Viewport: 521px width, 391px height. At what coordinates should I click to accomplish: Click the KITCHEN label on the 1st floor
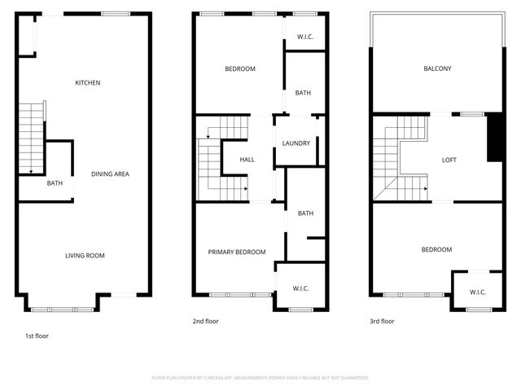[88, 83]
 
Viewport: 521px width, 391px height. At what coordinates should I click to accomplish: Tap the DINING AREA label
[110, 174]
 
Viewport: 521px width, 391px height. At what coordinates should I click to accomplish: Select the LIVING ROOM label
[85, 256]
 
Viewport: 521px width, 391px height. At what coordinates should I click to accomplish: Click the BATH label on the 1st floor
[55, 183]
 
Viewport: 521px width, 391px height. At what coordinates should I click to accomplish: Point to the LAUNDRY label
[296, 143]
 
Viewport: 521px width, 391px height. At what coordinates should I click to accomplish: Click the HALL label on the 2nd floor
[247, 160]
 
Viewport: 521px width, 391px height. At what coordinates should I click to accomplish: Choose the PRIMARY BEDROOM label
[237, 253]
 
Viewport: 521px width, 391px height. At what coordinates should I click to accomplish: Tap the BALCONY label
[437, 69]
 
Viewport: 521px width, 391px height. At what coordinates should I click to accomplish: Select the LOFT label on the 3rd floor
[449, 160]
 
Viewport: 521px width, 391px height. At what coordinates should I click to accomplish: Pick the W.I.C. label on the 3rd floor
[479, 292]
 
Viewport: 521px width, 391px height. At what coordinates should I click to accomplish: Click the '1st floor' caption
[37, 335]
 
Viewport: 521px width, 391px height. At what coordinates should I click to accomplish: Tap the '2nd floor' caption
[206, 321]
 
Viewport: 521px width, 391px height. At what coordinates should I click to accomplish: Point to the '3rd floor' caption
[382, 321]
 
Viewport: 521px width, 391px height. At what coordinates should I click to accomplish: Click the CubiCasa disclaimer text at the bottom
[260, 378]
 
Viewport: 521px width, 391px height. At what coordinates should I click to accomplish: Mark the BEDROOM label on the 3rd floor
[436, 249]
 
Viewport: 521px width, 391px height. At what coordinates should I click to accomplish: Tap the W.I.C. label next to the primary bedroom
[300, 289]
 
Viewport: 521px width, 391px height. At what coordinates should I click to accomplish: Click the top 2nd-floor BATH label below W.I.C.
[303, 93]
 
